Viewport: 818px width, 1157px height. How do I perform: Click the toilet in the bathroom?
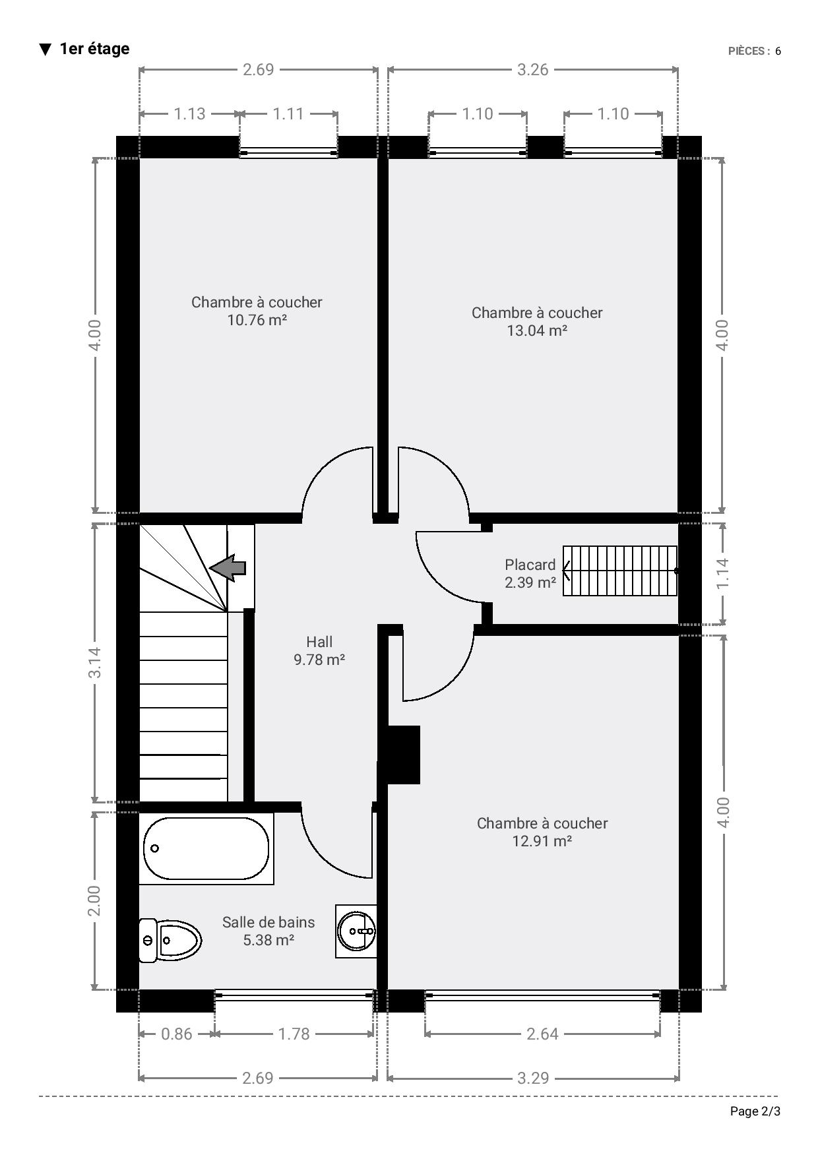click(170, 939)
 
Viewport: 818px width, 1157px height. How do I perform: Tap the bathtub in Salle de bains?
click(206, 848)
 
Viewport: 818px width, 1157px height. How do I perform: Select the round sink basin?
click(356, 931)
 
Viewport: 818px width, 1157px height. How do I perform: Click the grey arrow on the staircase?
click(228, 567)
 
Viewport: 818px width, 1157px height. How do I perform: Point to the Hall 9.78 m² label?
click(319, 650)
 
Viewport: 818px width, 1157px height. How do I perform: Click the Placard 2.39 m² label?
click(530, 573)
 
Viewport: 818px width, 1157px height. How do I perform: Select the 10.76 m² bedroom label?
click(257, 311)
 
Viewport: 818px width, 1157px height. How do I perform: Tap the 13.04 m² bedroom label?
click(537, 321)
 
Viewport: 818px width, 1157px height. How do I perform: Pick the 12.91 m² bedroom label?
click(542, 832)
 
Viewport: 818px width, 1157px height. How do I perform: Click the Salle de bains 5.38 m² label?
click(268, 931)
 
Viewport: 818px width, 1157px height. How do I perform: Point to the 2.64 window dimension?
click(542, 1034)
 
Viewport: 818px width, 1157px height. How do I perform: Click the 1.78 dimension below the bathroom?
click(294, 1034)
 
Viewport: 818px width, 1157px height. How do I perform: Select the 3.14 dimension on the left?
click(95, 662)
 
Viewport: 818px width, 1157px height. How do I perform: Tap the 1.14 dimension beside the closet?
click(722, 574)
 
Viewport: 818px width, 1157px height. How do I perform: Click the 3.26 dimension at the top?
click(532, 69)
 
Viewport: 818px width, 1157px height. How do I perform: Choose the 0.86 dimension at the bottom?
click(177, 1034)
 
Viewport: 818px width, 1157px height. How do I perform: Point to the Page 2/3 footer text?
click(755, 1111)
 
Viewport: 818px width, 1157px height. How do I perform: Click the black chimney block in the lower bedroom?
click(403, 755)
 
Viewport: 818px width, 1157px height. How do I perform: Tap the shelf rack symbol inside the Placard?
click(620, 571)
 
